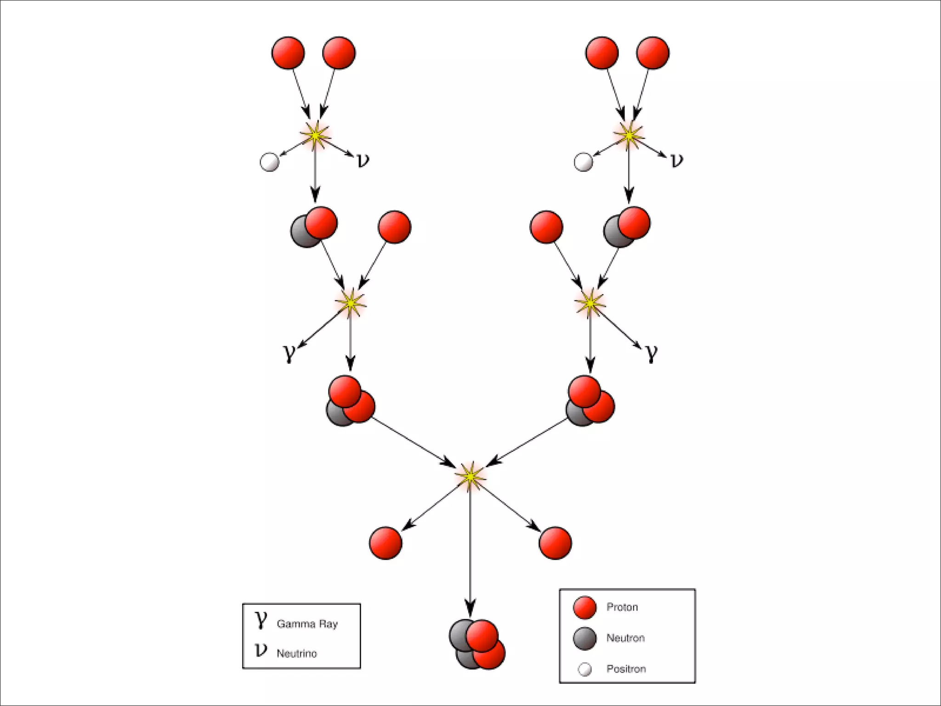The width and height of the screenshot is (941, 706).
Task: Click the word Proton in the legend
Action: tap(622, 607)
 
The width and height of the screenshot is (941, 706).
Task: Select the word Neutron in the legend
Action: tap(625, 638)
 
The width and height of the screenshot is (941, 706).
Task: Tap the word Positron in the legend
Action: tap(626, 669)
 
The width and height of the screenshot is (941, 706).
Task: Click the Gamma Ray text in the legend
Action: tap(307, 624)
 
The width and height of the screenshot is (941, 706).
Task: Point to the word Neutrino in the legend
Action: tap(296, 653)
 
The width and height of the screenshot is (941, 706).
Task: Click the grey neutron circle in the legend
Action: tap(585, 638)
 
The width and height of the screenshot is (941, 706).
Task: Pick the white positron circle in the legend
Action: tap(585, 669)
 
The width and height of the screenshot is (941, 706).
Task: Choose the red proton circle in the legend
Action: tap(585, 607)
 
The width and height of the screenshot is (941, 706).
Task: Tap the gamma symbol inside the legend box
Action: tap(261, 620)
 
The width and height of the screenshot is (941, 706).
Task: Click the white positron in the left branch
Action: tap(269, 162)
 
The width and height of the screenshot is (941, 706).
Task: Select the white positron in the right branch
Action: tap(584, 162)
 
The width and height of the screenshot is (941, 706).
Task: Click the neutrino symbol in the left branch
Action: tap(363, 160)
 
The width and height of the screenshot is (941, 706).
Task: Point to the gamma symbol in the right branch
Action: tap(652, 353)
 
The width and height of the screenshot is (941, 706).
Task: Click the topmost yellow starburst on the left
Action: tap(315, 135)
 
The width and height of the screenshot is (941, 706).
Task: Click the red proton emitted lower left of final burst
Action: tap(385, 543)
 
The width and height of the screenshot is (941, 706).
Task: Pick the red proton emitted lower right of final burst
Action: tap(555, 543)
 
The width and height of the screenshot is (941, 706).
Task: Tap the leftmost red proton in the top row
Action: tap(288, 53)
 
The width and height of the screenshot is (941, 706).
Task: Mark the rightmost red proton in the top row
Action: tap(653, 53)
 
